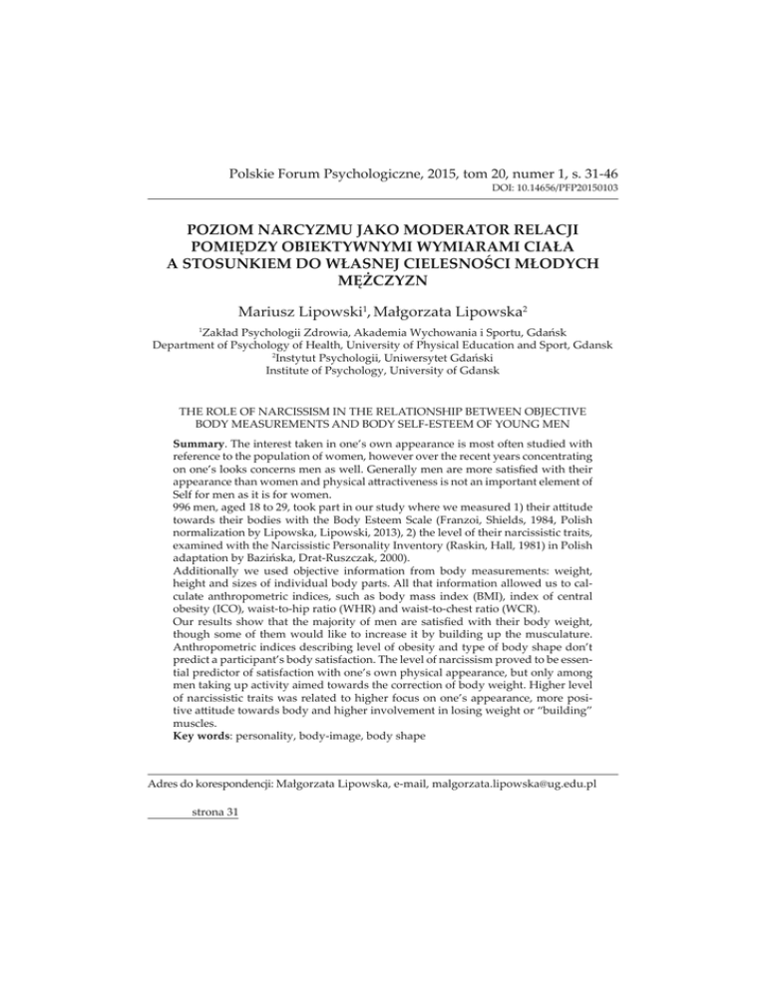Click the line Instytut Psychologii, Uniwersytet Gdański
pyautogui.click(x=383, y=363)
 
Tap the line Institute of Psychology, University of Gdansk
pyautogui.click(x=382, y=379)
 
